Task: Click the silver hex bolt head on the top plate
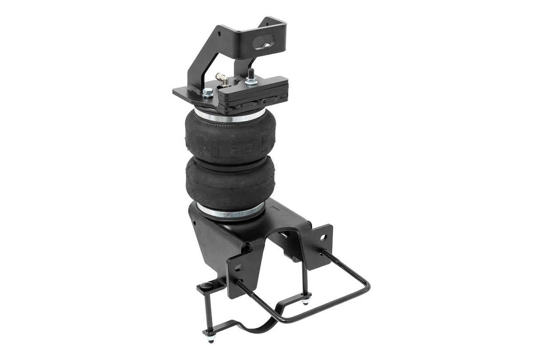pos(207,93)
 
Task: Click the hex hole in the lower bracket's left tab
pos(238,267)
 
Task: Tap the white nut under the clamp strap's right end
pos(305,302)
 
